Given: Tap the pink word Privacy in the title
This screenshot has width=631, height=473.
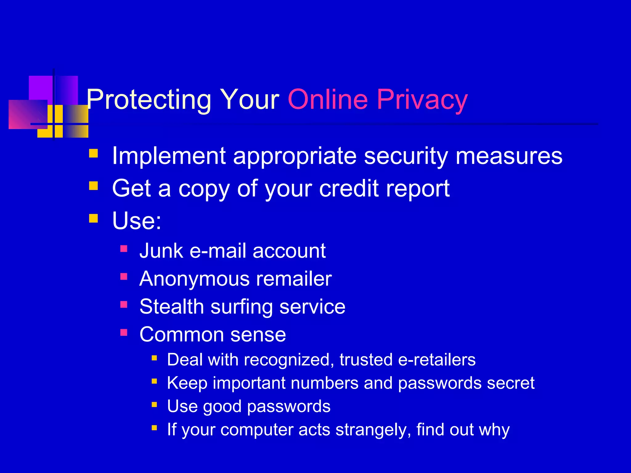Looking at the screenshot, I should tap(422, 100).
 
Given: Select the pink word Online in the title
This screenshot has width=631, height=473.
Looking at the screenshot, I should tap(328, 99).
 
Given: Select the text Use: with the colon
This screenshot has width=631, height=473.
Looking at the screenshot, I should tap(137, 220).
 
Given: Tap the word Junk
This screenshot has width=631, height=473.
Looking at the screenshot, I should tap(161, 251).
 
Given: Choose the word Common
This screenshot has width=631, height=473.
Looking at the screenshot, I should tap(181, 334).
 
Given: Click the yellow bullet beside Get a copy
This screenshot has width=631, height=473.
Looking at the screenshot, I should tap(93, 186).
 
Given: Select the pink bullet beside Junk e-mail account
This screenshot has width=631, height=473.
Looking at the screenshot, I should tap(124, 249).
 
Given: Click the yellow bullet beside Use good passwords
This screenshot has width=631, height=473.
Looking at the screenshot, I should tap(154, 404).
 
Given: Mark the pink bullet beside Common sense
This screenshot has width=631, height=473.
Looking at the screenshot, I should tap(124, 332).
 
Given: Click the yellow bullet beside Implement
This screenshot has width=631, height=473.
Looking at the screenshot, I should tap(93, 153).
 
